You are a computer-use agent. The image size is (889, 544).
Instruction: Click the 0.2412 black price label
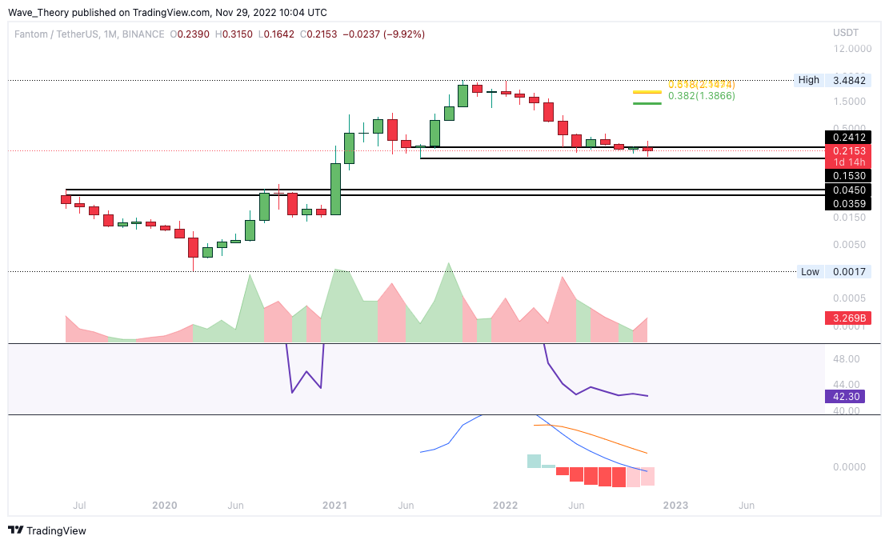(848, 137)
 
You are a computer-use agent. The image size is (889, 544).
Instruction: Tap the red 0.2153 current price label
(848, 150)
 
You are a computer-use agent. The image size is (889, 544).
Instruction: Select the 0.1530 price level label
(848, 175)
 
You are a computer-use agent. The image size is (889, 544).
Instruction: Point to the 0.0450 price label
(848, 190)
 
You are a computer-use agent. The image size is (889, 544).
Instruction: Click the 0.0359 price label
(848, 204)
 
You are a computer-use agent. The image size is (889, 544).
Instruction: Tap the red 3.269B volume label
(848, 319)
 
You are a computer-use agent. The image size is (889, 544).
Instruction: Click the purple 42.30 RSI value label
(848, 395)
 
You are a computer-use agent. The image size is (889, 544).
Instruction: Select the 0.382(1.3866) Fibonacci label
(701, 96)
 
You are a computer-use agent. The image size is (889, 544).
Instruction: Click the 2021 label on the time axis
(334, 506)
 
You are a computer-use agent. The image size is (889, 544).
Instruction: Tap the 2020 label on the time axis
(164, 506)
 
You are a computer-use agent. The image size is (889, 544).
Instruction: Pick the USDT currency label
(846, 33)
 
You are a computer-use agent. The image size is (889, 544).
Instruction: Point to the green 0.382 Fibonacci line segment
(647, 102)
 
